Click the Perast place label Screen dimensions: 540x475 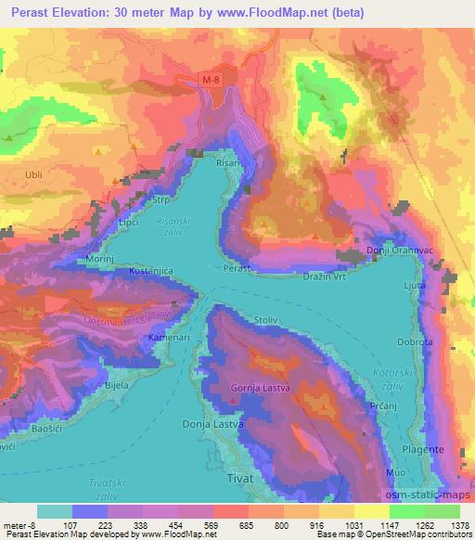pyautogui.click(x=238, y=267)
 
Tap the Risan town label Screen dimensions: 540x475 pyautogui.click(x=228, y=162)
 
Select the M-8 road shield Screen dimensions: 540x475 pyautogui.click(x=212, y=82)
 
